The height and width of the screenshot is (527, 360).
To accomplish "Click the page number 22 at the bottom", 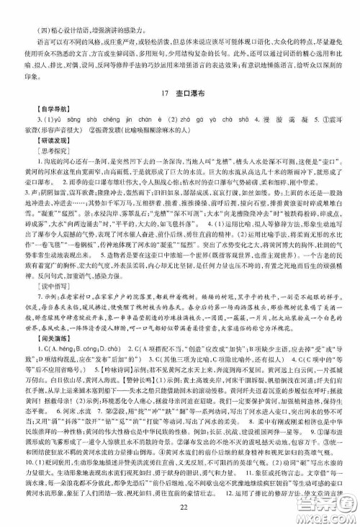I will pos(180,510).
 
